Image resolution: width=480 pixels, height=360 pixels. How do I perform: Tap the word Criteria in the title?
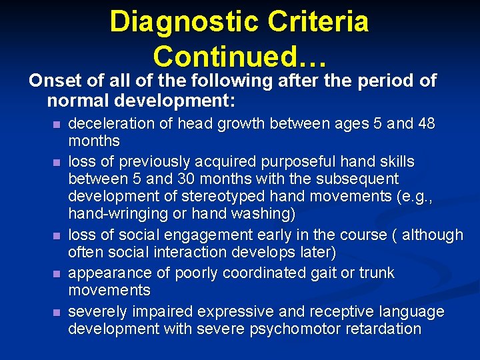(x=319, y=21)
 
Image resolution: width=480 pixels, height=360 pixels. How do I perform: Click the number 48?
(x=425, y=124)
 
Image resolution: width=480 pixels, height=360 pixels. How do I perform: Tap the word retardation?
(x=379, y=329)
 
